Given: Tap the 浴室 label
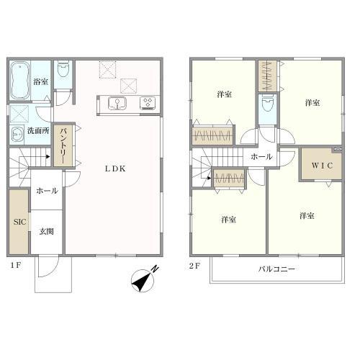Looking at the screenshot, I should click(40, 82).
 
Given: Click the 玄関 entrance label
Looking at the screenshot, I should click(47, 231).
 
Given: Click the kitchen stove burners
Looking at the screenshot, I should click(149, 104).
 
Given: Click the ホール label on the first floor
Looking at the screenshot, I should click(47, 191).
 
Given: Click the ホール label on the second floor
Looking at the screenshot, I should click(261, 156).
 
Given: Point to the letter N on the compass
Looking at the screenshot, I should click(156, 269).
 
